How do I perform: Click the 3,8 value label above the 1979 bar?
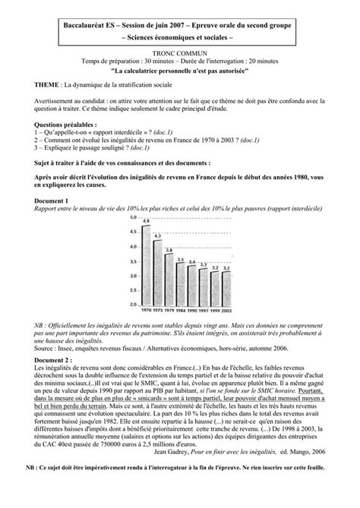point(169,250)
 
